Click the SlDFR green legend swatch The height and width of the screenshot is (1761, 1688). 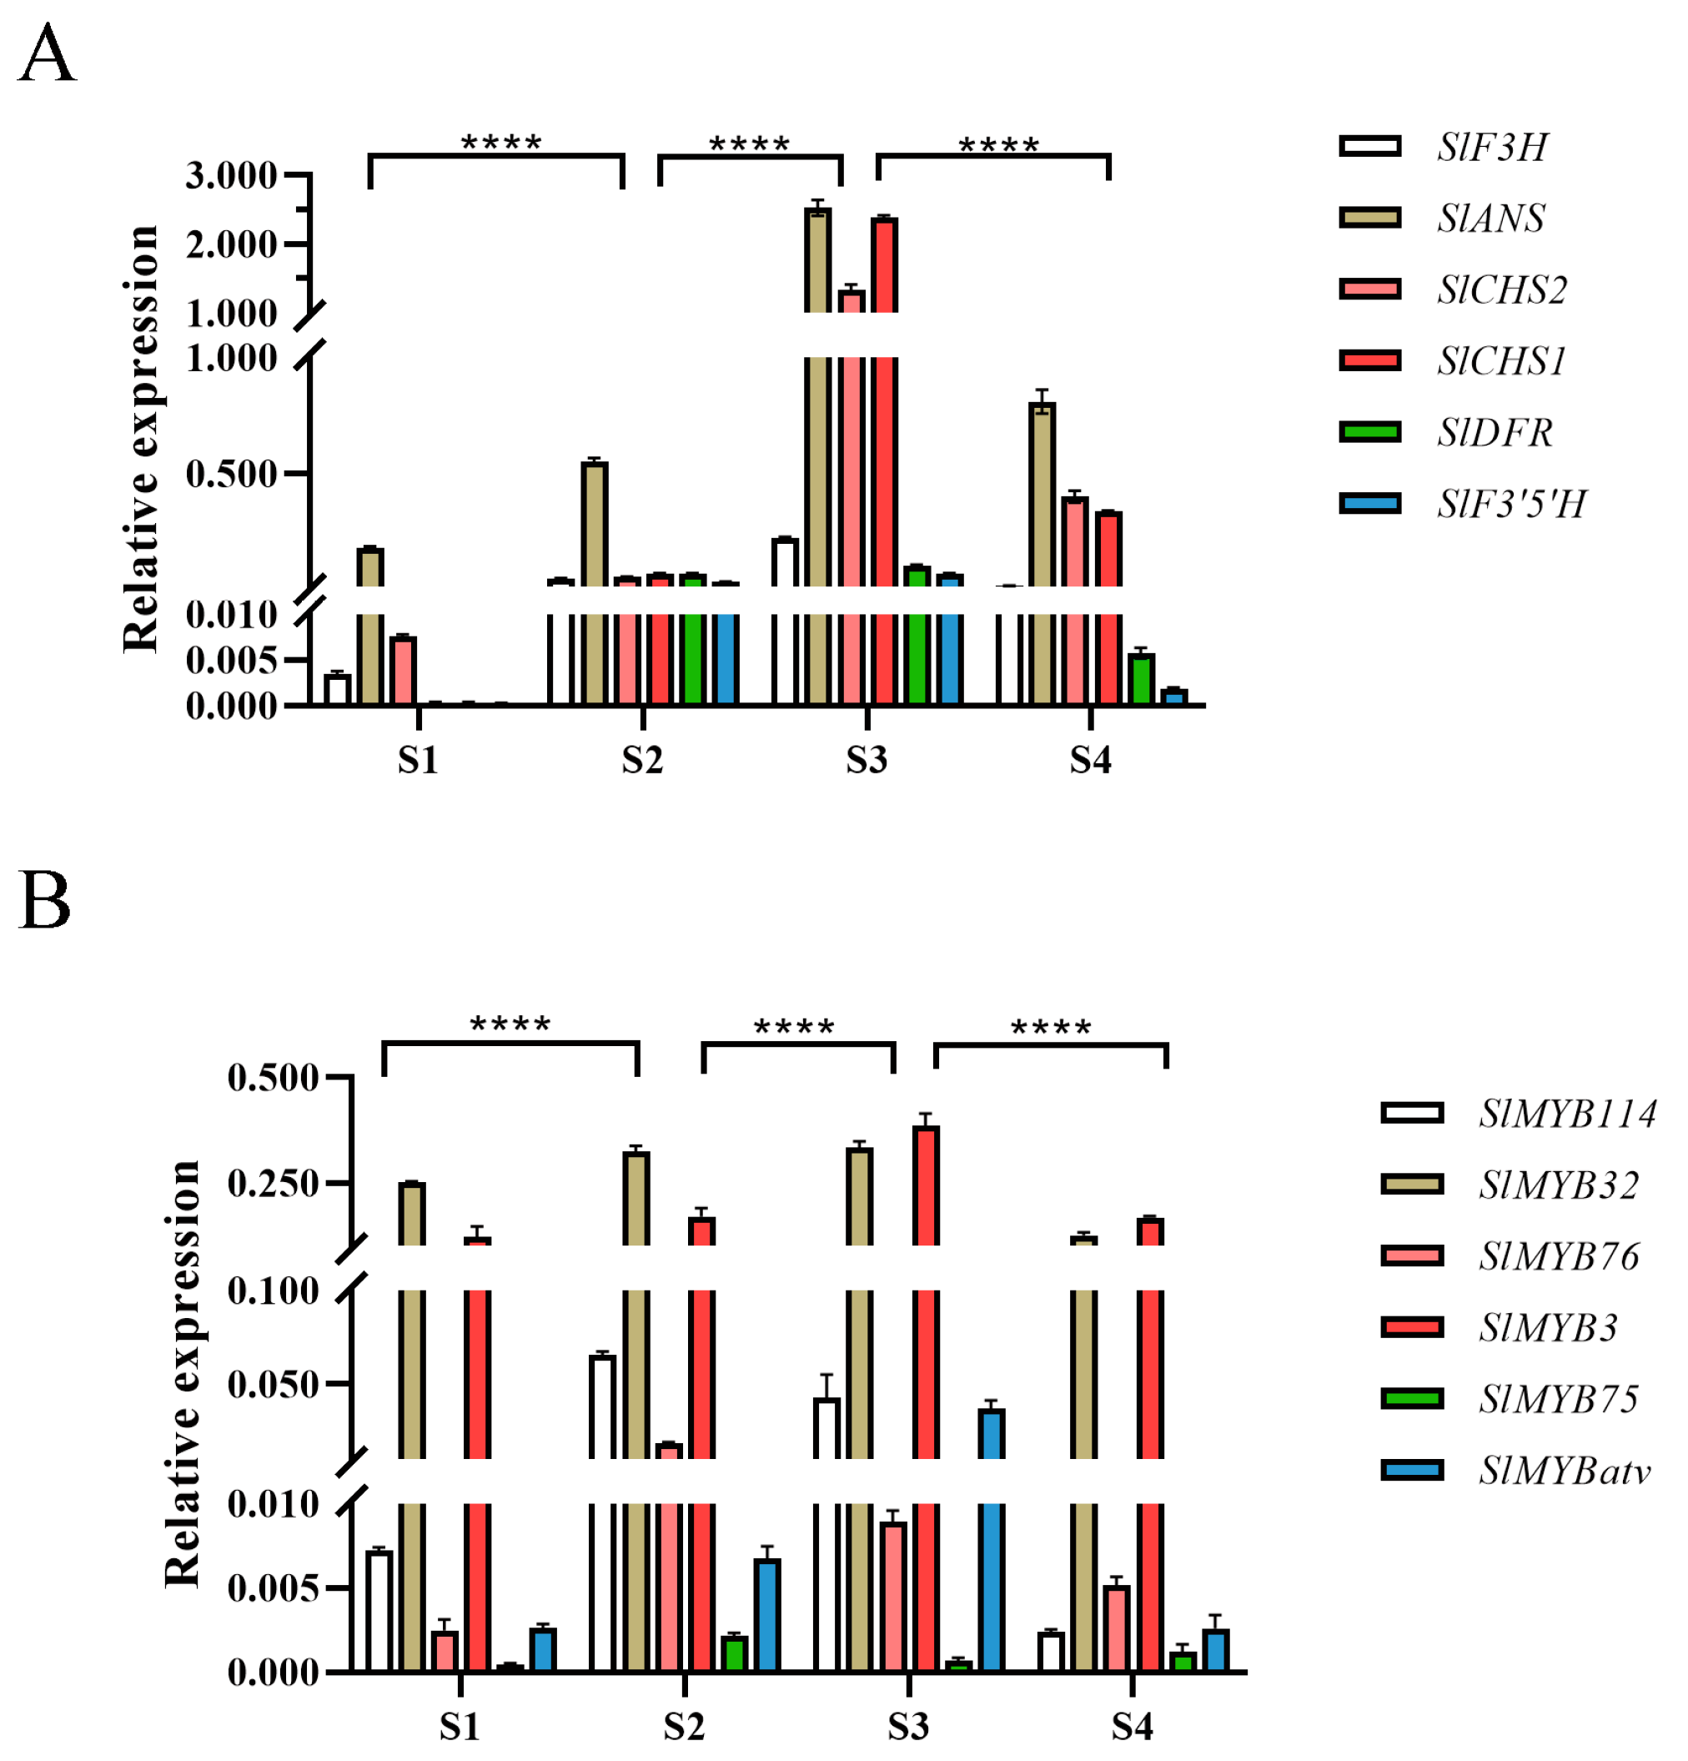click(1369, 432)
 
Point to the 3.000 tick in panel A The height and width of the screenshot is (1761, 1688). click(231, 175)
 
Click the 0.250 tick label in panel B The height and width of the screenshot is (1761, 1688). click(272, 1183)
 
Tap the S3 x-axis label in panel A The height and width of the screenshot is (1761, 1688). click(866, 761)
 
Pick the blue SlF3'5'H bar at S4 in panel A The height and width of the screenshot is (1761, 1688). click(1174, 697)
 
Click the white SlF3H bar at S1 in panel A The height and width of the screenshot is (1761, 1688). click(338, 690)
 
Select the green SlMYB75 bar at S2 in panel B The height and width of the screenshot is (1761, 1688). click(734, 1654)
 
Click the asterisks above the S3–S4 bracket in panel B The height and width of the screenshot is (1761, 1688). click(1050, 1028)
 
